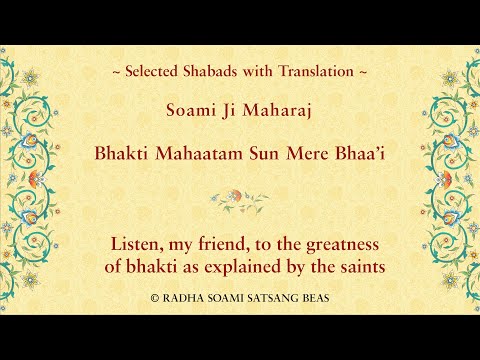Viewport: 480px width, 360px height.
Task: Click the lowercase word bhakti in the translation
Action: coord(153,268)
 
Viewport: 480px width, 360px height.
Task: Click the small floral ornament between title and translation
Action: coord(240,198)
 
